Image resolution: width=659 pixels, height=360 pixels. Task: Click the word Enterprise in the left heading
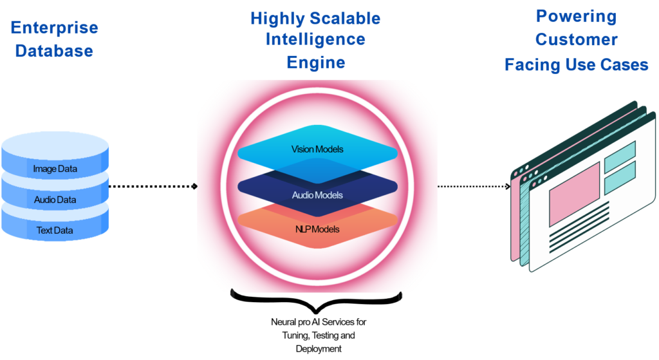point(55,28)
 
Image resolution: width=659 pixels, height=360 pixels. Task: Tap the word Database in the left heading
point(55,52)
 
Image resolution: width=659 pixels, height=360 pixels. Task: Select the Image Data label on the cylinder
point(55,169)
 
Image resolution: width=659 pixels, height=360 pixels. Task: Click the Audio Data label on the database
point(55,200)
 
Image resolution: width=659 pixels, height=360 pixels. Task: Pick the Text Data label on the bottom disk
point(55,230)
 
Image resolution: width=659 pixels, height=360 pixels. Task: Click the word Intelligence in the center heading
point(315,39)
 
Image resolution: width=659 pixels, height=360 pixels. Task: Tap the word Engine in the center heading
point(315,62)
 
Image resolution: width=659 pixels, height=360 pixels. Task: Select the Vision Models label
point(317,149)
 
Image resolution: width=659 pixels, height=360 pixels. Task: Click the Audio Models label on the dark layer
point(317,195)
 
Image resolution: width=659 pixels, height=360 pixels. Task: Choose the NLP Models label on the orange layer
point(317,229)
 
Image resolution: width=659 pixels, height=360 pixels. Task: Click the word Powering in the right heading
point(576,17)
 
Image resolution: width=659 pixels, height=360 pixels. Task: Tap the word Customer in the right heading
point(576,40)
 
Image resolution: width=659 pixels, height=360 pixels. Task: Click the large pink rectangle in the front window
point(574,194)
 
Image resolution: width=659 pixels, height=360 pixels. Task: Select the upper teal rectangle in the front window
point(620,149)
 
